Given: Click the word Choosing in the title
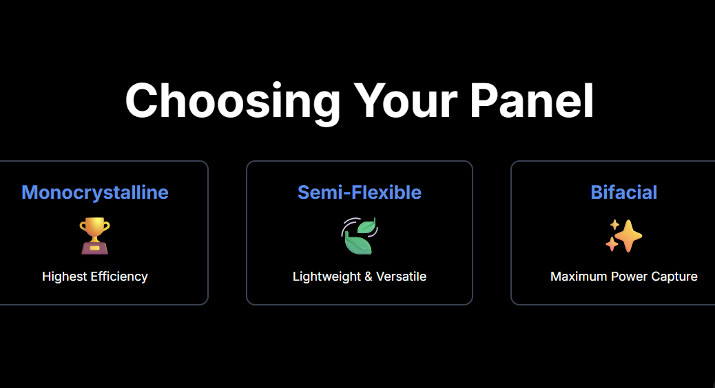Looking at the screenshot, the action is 233,102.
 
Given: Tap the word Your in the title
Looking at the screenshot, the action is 406,100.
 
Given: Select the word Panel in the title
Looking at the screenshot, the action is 532,100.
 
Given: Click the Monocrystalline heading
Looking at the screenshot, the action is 95,193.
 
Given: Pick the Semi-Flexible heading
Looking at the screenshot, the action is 360,192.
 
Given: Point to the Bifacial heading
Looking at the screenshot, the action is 624,192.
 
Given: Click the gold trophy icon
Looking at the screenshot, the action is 95,236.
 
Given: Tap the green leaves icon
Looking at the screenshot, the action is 360,236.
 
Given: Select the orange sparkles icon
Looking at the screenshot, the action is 624,236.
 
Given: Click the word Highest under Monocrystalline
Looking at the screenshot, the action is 64,277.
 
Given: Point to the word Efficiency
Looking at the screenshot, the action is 119,277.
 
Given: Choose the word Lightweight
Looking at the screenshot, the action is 327,277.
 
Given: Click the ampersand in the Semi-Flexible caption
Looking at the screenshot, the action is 369,277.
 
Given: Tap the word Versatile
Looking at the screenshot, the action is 402,277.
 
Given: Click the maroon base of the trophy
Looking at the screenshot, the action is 95,248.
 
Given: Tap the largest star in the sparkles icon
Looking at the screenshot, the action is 628,236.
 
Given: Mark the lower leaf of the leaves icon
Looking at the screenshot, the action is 357,244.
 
